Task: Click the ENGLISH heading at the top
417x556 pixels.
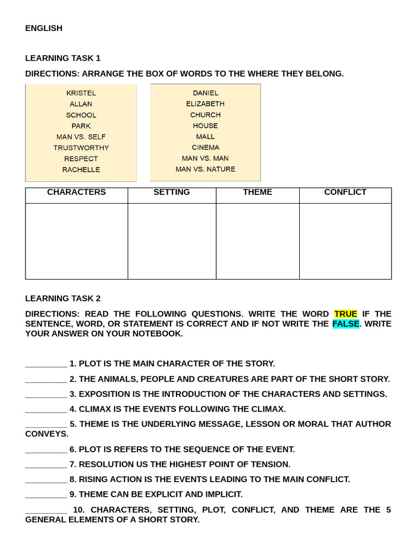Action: [43, 28]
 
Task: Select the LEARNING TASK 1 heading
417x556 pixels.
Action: [62, 58]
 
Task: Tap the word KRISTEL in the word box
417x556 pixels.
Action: [81, 93]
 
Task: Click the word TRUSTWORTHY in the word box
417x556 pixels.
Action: [81, 148]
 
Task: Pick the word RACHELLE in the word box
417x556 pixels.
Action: [81, 169]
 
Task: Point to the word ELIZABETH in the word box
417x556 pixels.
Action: [205, 104]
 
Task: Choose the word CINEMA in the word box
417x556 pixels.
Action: [205, 147]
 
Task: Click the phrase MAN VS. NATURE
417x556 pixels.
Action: [205, 169]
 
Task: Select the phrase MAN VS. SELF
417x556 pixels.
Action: [81, 137]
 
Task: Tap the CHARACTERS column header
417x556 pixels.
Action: [77, 192]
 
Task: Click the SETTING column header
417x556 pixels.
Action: [172, 192]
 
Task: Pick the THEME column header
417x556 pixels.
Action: [257, 192]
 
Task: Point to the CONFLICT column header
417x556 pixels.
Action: [345, 192]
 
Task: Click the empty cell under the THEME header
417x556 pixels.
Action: [257, 241]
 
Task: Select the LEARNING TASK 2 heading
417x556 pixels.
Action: [62, 299]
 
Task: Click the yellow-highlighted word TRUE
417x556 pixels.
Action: [345, 314]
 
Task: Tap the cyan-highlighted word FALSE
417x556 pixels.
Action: [345, 324]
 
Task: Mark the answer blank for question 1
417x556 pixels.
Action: [46, 364]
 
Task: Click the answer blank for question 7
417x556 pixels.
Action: [46, 465]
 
